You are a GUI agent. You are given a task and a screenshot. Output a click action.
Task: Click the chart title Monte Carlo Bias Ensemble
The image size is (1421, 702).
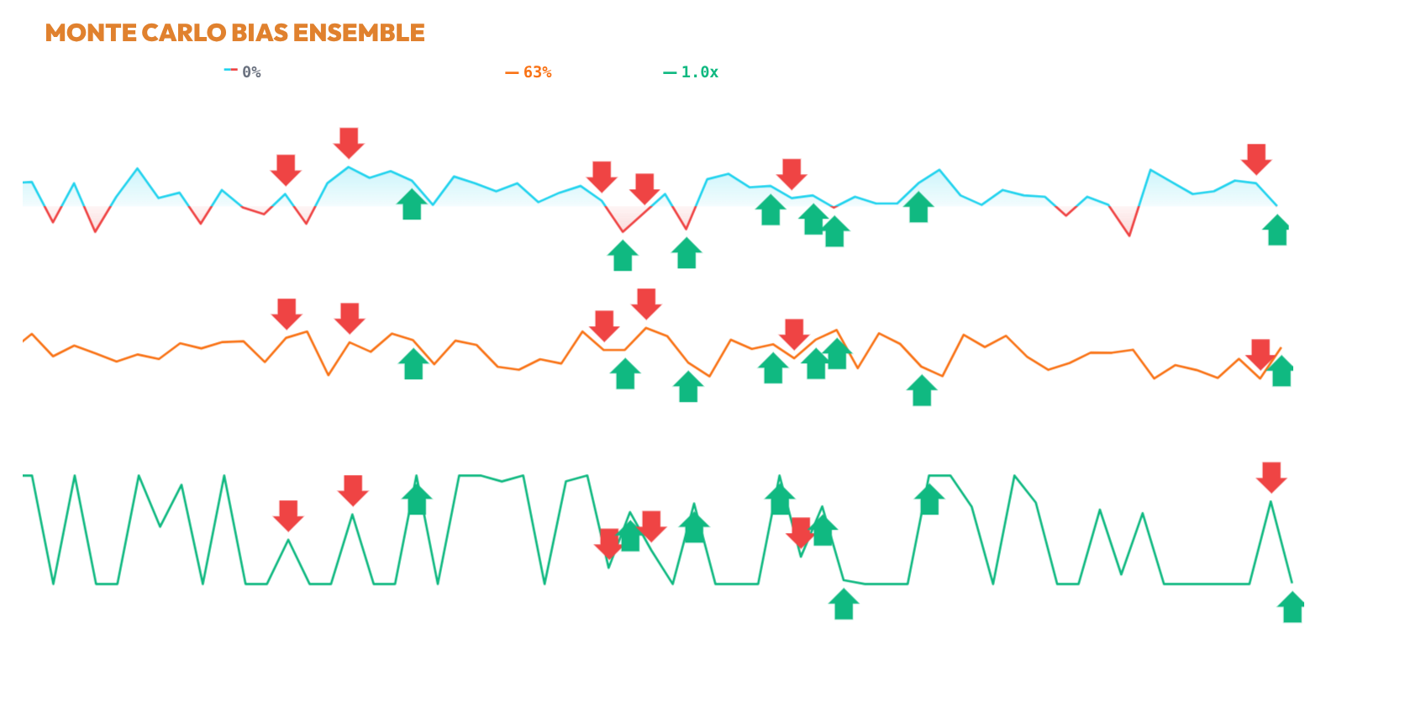tap(234, 33)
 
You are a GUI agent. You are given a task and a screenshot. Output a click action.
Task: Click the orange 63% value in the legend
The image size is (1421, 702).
tap(537, 72)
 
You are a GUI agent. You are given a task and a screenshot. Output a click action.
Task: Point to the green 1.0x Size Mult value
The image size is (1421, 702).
tap(699, 72)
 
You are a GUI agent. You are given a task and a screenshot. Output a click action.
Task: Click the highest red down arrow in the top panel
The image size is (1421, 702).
tap(349, 143)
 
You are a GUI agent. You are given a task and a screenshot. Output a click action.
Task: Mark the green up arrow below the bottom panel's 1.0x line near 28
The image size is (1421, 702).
tap(1292, 607)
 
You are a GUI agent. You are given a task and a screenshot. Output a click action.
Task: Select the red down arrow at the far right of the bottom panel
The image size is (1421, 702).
tap(1271, 477)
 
